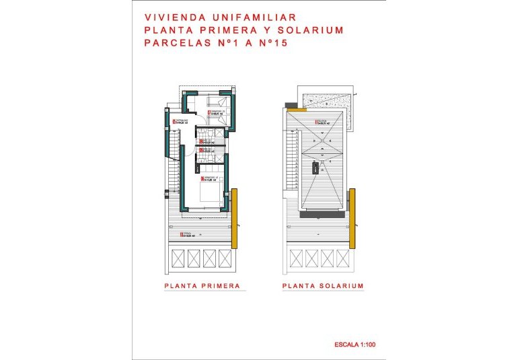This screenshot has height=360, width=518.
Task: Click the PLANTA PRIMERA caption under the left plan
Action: point(202,286)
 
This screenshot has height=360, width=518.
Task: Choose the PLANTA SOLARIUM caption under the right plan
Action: point(323,286)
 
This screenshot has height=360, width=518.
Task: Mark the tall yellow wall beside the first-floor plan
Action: point(235,218)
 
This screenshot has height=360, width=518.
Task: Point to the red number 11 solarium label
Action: point(316,122)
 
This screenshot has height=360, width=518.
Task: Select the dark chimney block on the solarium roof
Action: point(315,166)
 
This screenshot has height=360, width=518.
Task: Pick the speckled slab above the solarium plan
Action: point(324,101)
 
